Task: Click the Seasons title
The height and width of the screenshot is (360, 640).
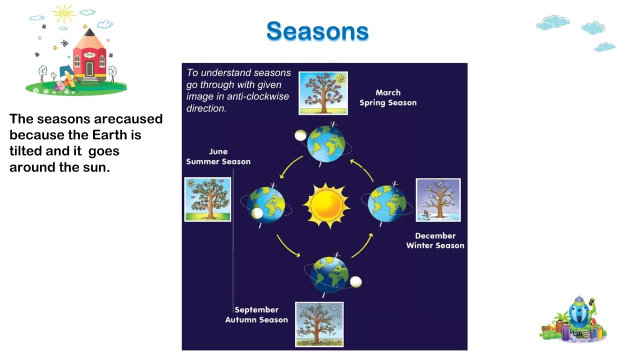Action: (317, 31)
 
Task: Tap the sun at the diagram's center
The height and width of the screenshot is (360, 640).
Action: (326, 205)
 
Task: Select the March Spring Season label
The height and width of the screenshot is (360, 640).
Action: (387, 97)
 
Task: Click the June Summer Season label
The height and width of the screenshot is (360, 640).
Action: (218, 156)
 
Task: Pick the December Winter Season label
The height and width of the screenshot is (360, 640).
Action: (435, 240)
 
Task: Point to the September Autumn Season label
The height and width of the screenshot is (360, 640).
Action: (256, 314)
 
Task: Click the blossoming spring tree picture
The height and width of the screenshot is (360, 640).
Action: (323, 93)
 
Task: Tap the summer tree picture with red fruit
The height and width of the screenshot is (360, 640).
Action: (207, 199)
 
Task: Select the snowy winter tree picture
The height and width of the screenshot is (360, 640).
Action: (438, 200)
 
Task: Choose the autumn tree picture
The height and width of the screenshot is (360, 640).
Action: (319, 324)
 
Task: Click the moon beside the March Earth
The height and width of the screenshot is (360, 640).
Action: (300, 135)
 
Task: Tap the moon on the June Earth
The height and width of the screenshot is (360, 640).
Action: (257, 213)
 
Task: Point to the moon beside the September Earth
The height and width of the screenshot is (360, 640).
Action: (355, 282)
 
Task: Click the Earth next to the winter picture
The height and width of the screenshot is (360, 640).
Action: (386, 203)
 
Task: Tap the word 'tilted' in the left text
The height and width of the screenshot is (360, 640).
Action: (25, 150)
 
